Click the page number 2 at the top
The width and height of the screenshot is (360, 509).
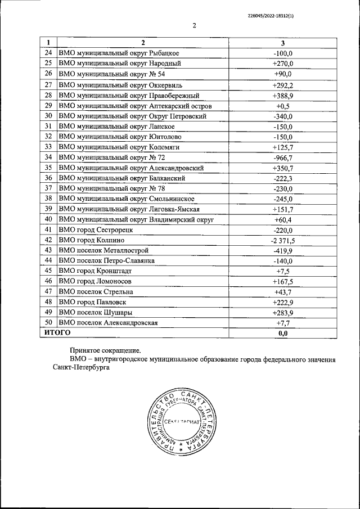click(x=193, y=25)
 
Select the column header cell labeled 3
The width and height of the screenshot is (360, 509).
click(x=282, y=43)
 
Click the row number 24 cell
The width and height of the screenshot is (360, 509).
click(x=48, y=53)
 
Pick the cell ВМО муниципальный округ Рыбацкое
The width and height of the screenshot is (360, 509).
click(x=119, y=53)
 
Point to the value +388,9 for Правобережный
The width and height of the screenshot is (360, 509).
click(x=282, y=95)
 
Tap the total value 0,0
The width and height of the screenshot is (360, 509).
click(x=282, y=334)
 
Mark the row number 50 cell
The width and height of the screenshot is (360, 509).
click(x=48, y=323)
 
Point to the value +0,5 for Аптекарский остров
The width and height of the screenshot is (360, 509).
click(x=282, y=106)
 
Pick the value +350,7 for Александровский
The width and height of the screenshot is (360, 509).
click(x=282, y=168)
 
